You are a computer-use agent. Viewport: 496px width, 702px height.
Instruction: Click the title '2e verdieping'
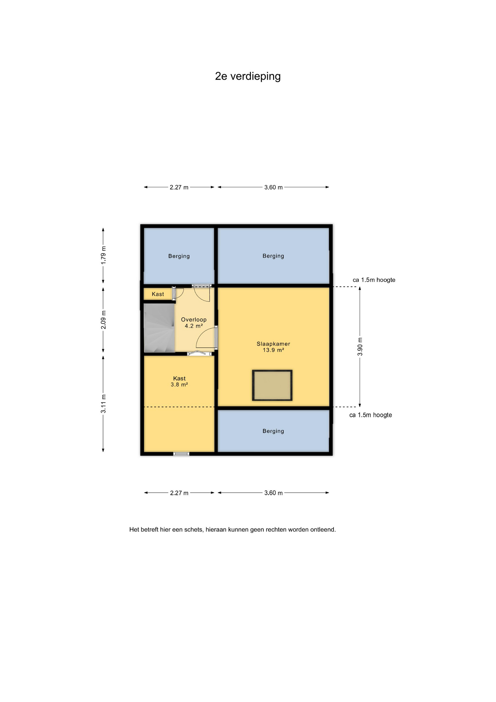coord(248,76)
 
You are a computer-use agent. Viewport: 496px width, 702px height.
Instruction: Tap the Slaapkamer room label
coord(273,344)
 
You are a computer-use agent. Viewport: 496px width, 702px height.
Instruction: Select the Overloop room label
coord(194,320)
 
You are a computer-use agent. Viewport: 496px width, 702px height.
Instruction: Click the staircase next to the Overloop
coord(159,328)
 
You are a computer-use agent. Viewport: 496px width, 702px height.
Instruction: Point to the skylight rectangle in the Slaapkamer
coord(272,385)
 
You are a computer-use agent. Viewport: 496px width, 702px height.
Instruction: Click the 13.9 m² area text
coord(273,350)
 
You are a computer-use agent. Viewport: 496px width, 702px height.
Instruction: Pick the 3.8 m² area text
coord(179,385)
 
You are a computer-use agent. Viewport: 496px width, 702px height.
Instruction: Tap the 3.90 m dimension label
coord(360,347)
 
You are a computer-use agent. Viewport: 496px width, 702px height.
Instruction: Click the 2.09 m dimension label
coord(103,320)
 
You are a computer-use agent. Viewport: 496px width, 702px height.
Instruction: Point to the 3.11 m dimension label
coord(103,404)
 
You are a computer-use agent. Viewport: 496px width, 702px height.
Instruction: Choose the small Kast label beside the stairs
coord(158,294)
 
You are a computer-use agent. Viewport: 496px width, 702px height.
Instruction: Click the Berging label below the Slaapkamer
coord(273,431)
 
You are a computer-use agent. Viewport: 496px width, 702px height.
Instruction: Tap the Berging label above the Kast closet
coord(179,256)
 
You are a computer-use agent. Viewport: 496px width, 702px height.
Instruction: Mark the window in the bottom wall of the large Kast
coord(181,454)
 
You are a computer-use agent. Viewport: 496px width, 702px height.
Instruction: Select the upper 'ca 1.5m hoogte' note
coord(374,280)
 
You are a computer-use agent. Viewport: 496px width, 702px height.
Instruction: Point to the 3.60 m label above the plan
coord(274,187)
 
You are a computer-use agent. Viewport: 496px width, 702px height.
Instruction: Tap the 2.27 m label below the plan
coord(179,493)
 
